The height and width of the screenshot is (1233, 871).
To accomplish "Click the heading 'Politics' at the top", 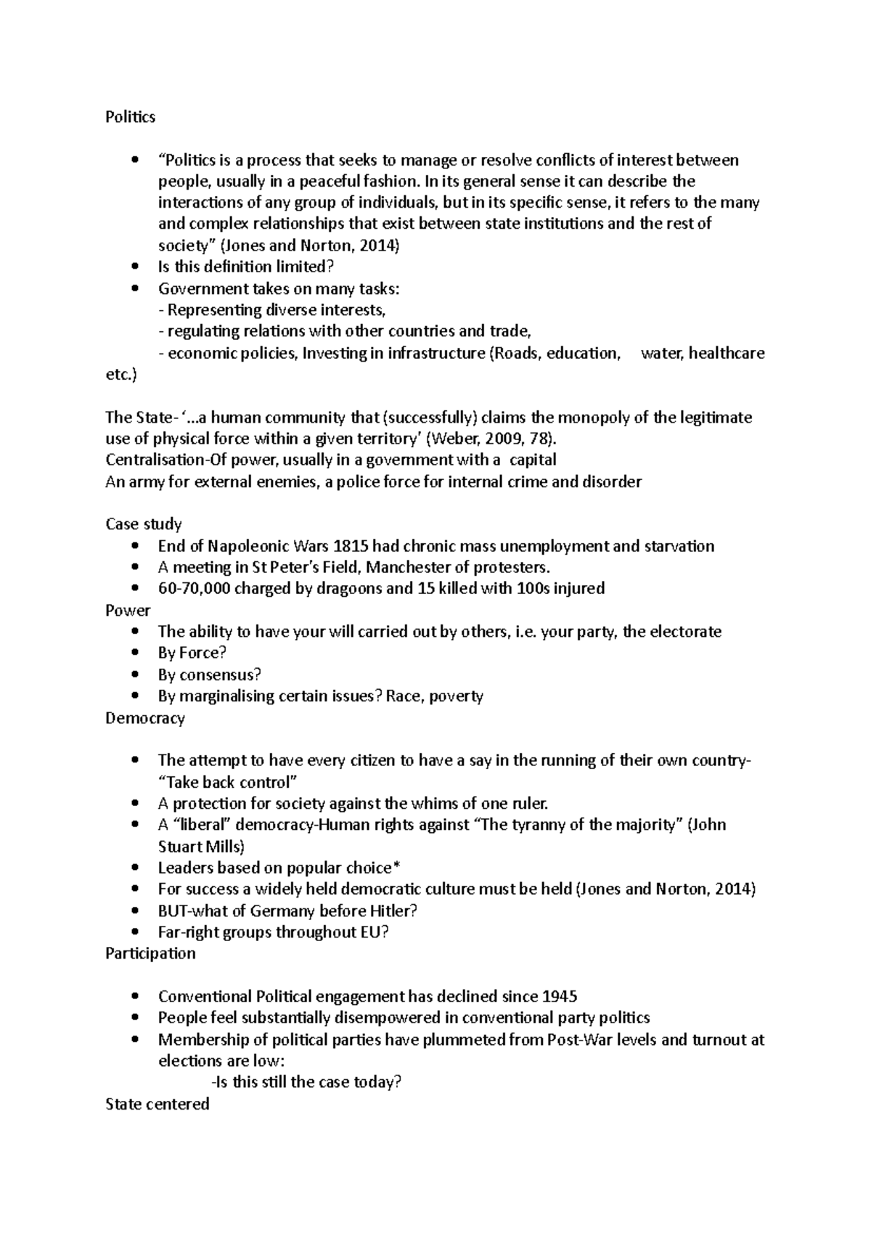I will tap(130, 117).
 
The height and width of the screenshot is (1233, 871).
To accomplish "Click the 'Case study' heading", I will tap(143, 524).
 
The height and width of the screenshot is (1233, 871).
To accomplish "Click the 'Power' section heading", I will tap(128, 610).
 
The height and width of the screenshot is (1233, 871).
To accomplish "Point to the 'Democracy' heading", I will tap(144, 718).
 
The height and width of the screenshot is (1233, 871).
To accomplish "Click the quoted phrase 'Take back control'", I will tap(228, 782).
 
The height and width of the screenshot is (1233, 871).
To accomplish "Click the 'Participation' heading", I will tap(150, 953).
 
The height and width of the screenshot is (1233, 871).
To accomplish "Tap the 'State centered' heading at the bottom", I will tap(157, 1104).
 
